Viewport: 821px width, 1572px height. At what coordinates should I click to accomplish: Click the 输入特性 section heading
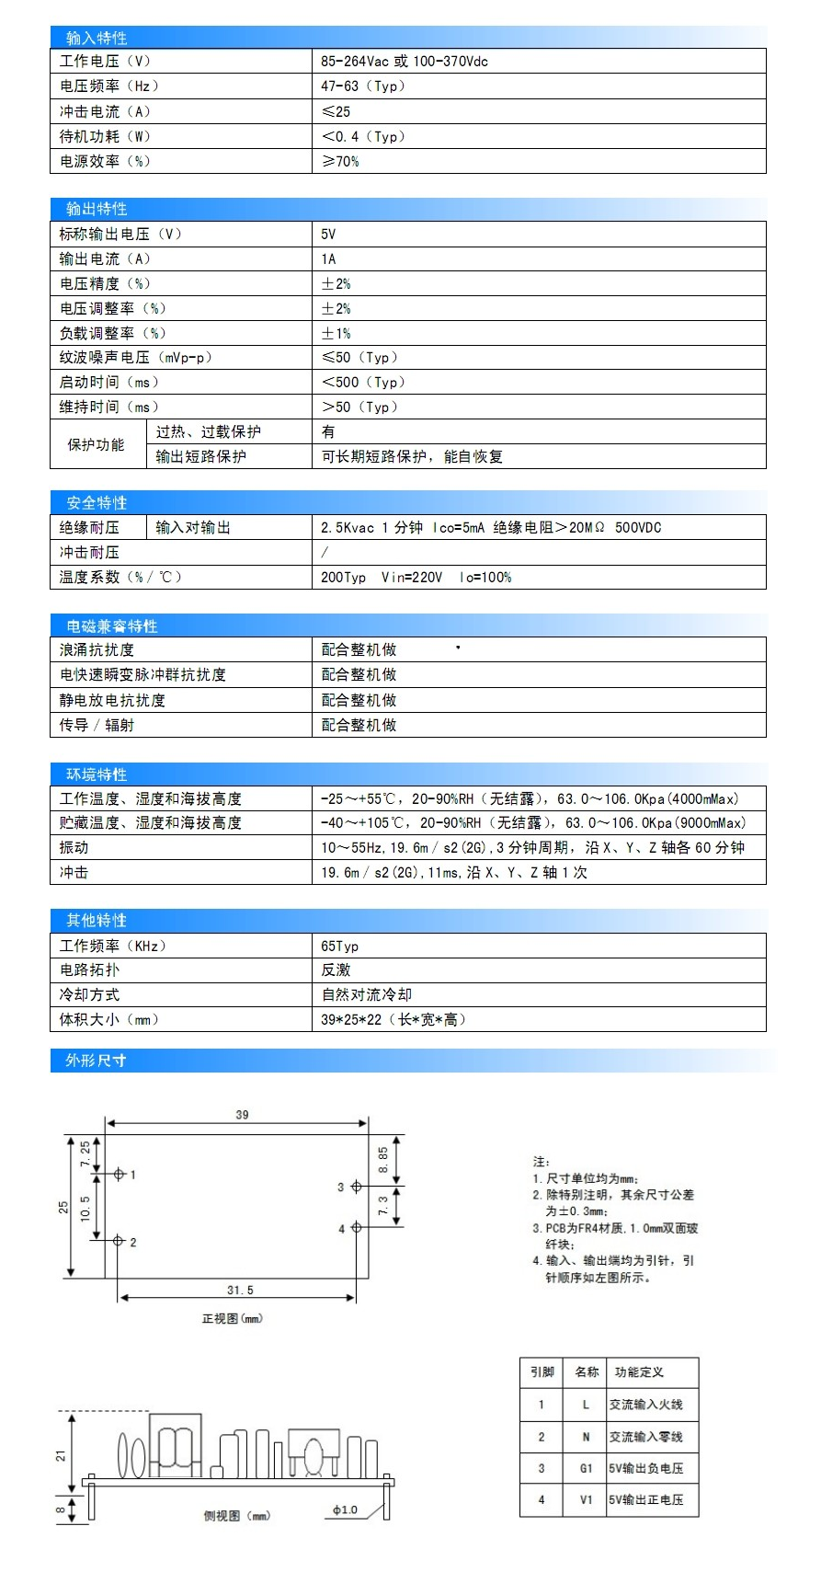coord(97,38)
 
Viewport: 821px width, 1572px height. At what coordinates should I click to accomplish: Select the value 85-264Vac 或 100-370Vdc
coord(405,62)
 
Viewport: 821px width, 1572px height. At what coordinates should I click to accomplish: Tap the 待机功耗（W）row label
coord(105,136)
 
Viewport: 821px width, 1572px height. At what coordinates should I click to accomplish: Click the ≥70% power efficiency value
coord(340,161)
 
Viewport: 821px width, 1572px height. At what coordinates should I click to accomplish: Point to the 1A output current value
coord(328,258)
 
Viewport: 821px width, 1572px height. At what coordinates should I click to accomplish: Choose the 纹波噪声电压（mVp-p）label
coord(135,357)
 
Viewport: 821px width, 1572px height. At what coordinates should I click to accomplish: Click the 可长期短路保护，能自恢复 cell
coord(412,456)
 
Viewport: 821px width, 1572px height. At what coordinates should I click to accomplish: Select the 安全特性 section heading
coord(97,502)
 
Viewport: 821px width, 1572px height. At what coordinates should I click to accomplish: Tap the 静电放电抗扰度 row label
coord(112,700)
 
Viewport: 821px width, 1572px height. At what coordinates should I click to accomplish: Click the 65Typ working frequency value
coord(340,946)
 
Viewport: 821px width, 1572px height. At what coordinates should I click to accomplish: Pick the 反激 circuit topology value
coord(336,970)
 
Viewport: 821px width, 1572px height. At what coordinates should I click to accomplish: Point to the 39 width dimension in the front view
coord(242,1115)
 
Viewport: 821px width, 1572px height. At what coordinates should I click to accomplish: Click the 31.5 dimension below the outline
coord(240,1290)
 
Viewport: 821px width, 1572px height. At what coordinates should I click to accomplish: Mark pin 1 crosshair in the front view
coord(119,1175)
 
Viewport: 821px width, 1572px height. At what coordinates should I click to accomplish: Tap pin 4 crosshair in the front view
coord(356,1228)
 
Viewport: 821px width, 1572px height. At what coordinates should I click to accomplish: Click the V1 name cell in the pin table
coord(586,1499)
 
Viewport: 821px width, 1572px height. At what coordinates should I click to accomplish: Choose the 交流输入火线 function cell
coord(645,1405)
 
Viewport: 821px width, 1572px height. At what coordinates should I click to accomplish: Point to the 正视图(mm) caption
coord(233,1318)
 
